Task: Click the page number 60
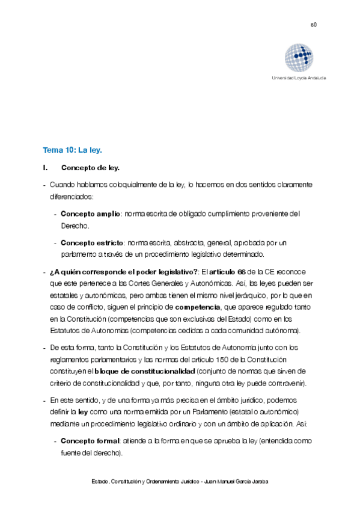[313, 25]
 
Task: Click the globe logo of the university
[299, 58]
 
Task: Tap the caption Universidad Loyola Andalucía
[299, 79]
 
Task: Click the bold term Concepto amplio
[90, 214]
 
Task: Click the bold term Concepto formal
[90, 441]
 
